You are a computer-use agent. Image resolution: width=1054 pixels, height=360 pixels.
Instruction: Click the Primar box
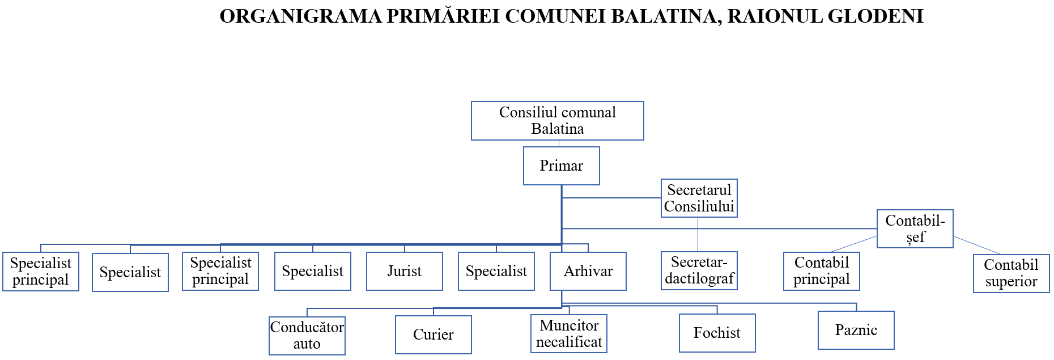click(561, 166)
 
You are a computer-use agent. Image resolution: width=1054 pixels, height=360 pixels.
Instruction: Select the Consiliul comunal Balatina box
click(557, 121)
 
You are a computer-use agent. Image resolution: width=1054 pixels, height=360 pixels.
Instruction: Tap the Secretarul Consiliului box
click(699, 198)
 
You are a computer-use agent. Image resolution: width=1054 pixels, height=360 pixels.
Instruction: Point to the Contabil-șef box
click(915, 228)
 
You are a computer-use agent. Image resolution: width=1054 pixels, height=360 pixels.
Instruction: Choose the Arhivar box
click(588, 271)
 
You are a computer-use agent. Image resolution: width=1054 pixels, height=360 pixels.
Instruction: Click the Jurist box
click(404, 271)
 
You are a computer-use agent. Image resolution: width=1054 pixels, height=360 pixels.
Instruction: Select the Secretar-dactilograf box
click(699, 270)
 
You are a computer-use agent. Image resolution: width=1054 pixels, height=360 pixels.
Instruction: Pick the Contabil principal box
click(821, 271)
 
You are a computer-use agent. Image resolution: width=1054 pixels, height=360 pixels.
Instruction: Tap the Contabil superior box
click(1011, 273)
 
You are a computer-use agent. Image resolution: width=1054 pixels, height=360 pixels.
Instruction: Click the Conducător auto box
click(307, 336)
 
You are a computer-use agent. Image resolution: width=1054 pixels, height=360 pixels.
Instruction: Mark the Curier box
click(433, 334)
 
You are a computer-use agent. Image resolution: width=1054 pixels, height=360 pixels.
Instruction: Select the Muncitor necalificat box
click(568, 333)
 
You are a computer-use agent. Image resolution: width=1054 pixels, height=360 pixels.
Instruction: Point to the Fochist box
click(717, 333)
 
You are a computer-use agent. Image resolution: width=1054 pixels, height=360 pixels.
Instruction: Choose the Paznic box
click(856, 330)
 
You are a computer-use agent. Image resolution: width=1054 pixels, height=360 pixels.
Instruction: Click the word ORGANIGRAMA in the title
click(300, 16)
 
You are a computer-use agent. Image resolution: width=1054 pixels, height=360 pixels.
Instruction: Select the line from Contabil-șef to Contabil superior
click(977, 245)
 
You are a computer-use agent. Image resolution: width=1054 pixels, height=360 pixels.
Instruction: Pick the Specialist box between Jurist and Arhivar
click(496, 271)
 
